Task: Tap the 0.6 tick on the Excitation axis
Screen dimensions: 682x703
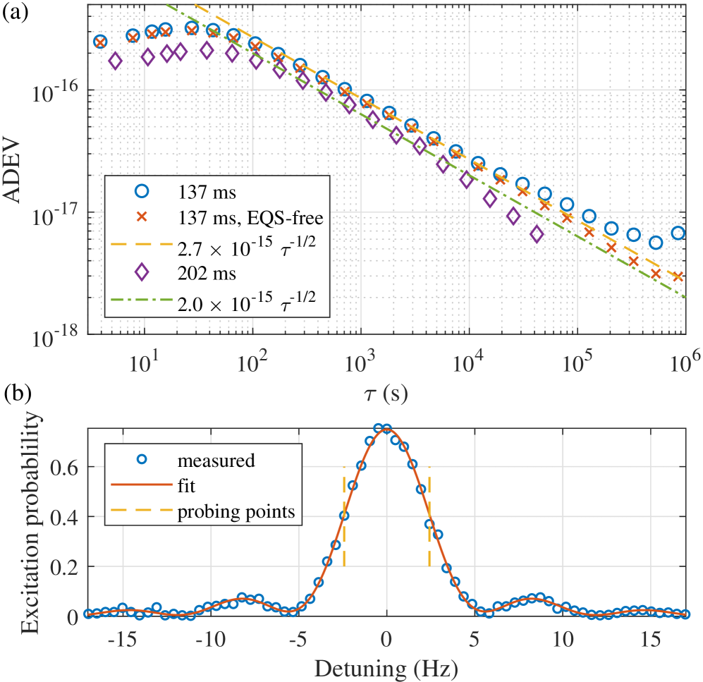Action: [65, 467]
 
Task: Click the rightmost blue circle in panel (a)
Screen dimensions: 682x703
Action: [678, 233]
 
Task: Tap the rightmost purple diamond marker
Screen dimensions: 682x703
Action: [537, 234]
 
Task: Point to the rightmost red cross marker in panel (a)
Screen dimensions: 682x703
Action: [678, 276]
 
